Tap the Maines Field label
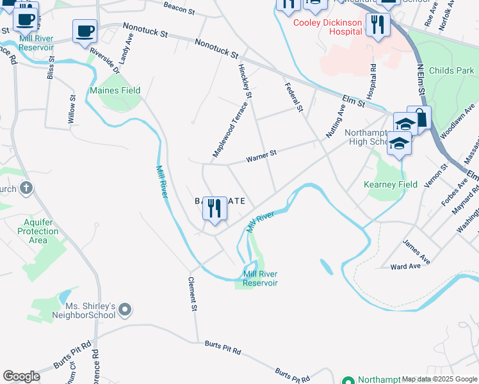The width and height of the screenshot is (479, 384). tap(115, 91)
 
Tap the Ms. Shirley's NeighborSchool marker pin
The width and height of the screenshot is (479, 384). tap(125, 310)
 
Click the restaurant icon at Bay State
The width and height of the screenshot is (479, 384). tap(215, 209)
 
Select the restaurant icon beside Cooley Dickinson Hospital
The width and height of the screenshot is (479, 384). tap(378, 25)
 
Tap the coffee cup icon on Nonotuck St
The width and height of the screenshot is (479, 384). tap(85, 31)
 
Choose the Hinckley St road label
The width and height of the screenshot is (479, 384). tap(245, 81)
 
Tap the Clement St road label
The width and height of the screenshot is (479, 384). tap(192, 294)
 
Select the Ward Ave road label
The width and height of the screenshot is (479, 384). tap(405, 266)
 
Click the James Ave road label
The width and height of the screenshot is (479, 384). tap(416, 252)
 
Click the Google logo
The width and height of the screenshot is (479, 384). tap(21, 376)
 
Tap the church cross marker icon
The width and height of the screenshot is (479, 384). tap(25, 188)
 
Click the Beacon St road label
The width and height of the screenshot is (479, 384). tap(179, 8)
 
